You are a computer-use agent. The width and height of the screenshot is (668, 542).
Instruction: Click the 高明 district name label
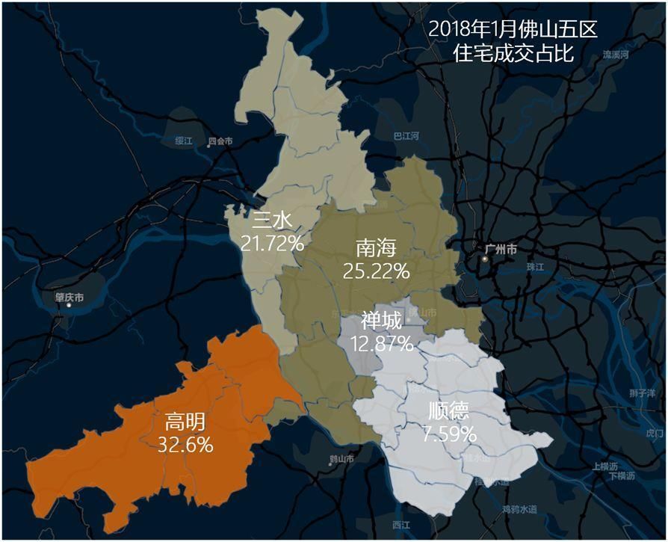185,422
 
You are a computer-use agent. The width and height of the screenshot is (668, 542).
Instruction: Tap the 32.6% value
185,444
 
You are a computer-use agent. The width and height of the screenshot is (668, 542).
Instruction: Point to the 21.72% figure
272,242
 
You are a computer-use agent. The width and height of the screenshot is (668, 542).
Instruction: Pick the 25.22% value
376,271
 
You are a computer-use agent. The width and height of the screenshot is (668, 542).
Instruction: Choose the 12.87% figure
381,344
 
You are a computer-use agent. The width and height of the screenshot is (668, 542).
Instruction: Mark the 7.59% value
450,433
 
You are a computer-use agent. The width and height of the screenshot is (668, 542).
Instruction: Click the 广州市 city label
501,249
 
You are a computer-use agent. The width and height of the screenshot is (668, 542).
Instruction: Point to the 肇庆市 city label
69,297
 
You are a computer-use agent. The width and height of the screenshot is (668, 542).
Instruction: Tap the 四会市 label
220,141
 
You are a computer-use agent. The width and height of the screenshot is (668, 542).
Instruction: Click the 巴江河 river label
406,136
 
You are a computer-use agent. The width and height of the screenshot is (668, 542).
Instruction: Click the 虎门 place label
654,433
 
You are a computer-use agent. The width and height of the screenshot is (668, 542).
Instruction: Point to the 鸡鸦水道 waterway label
520,509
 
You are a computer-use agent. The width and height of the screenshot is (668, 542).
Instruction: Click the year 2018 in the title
450,30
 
